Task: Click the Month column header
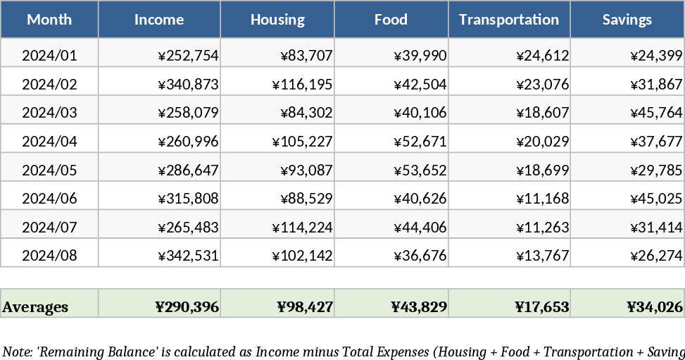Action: [49, 20]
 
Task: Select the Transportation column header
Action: [509, 20]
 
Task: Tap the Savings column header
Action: [627, 20]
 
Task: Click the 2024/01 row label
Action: [49, 55]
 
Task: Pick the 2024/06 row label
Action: [49, 199]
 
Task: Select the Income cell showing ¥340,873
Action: [189, 85]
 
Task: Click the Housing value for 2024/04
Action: [302, 142]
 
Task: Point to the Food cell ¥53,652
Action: [420, 170]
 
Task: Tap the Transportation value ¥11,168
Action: [542, 199]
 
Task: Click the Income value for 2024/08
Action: [189, 256]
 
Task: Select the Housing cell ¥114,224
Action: [302, 228]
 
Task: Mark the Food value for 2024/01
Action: [420, 55]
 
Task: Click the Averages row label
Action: [36, 307]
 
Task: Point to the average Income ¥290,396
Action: [187, 307]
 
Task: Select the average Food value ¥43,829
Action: [418, 307]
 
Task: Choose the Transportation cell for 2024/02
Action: [542, 85]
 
